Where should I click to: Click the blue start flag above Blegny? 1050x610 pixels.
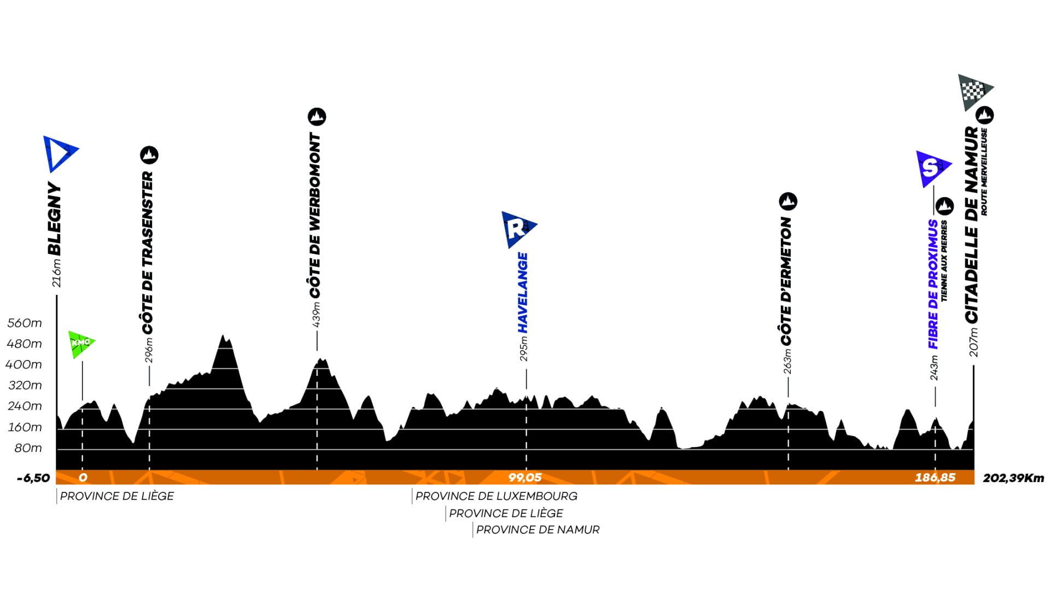(60, 154)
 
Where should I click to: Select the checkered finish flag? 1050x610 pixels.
(975, 92)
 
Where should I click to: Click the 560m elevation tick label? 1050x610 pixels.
(25, 323)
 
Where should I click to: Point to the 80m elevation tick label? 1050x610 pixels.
(28, 448)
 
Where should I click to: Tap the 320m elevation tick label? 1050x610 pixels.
(25, 386)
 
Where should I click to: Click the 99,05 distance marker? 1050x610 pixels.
(525, 478)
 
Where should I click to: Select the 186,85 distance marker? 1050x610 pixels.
(935, 478)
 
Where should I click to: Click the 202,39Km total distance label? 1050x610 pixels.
(1013, 478)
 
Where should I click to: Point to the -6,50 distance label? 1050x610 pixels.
(33, 478)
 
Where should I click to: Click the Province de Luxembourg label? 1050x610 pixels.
(497, 496)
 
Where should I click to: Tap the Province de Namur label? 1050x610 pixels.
(538, 530)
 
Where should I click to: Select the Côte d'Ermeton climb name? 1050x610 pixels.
(786, 281)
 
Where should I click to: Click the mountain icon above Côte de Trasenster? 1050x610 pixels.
(149, 155)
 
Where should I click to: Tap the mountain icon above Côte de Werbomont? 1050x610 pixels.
(317, 117)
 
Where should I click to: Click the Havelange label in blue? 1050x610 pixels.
(523, 293)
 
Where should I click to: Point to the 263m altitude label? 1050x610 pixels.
(787, 362)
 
